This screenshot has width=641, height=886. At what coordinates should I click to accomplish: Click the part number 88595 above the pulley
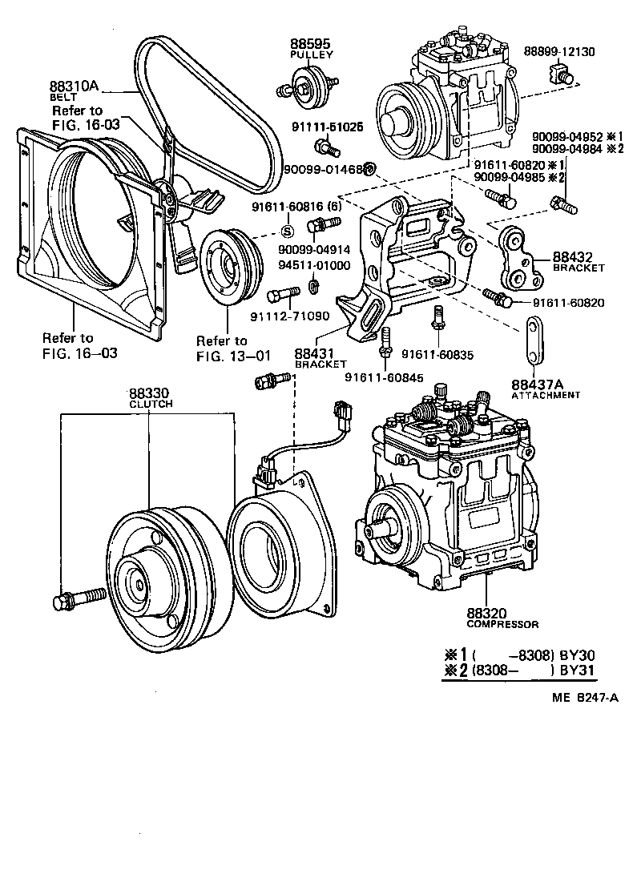[x=310, y=44]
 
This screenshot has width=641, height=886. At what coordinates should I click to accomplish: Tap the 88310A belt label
[x=74, y=86]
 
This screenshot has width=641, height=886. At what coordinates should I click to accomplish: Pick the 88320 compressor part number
[x=490, y=612]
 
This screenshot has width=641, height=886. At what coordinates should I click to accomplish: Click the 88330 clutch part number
[x=150, y=394]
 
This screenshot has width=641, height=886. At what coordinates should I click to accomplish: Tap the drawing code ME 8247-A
[x=584, y=696]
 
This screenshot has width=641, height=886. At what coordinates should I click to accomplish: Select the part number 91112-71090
[x=299, y=316]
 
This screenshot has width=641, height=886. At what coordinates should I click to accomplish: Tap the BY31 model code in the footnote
[x=580, y=670]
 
